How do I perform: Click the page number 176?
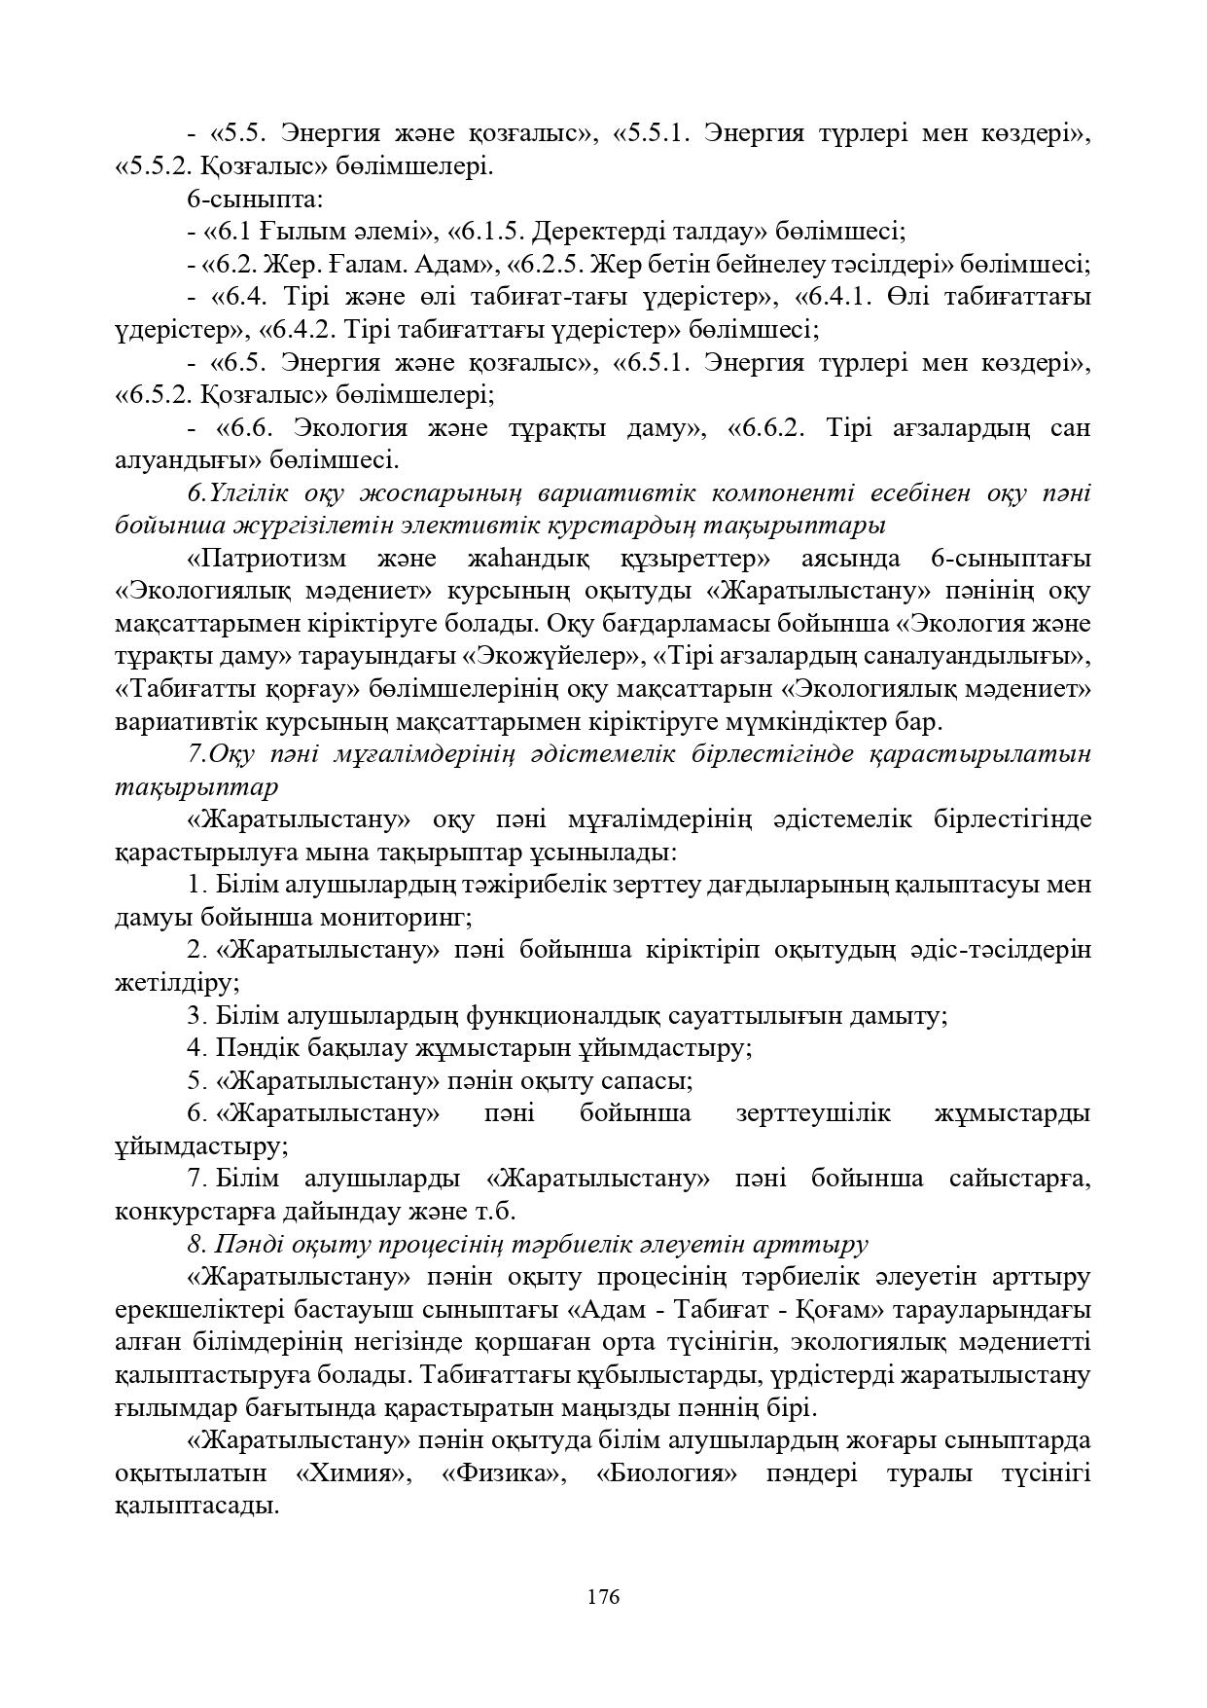coord(603,1597)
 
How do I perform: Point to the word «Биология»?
coord(666,1473)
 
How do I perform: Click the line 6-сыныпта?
coord(255,200)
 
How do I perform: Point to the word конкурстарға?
coord(195,1212)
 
